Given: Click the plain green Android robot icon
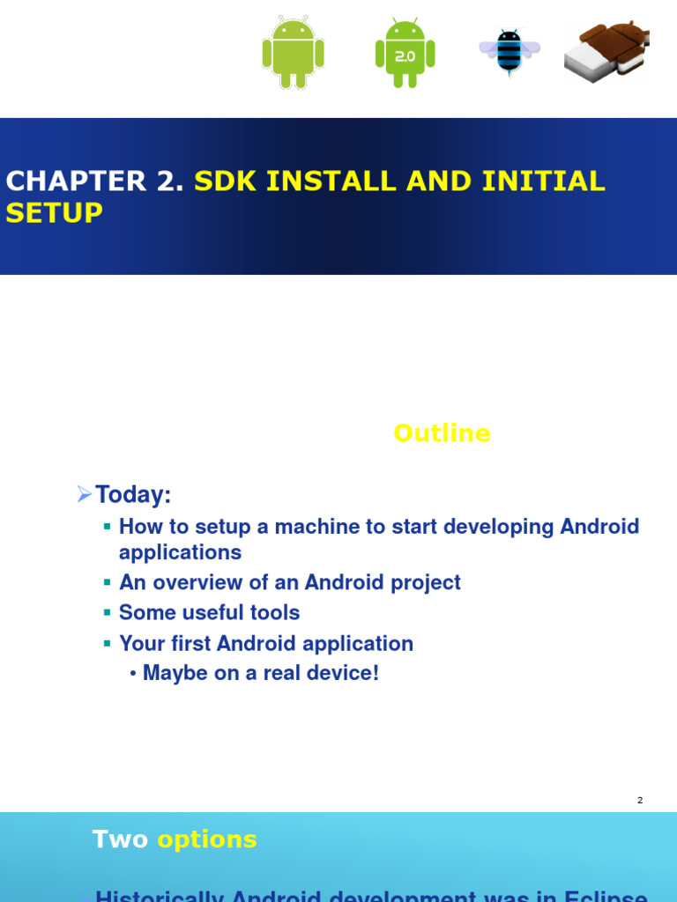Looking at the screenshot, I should point(293,53).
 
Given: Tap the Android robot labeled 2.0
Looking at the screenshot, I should point(405,54).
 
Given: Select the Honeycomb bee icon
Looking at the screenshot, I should point(510,52).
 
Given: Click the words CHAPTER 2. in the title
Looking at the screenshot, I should point(95,181).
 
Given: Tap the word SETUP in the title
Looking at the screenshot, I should point(55,213).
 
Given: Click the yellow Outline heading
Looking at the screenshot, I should point(442,433).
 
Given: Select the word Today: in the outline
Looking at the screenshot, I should point(133,495).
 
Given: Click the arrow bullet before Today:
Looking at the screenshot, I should point(85,494).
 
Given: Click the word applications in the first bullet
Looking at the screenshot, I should point(180,552).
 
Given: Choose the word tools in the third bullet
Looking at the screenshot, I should point(273,612).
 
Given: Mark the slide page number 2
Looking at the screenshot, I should point(640,800).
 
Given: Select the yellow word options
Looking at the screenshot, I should point(207,839).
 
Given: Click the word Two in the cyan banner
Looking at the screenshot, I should point(121,839).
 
